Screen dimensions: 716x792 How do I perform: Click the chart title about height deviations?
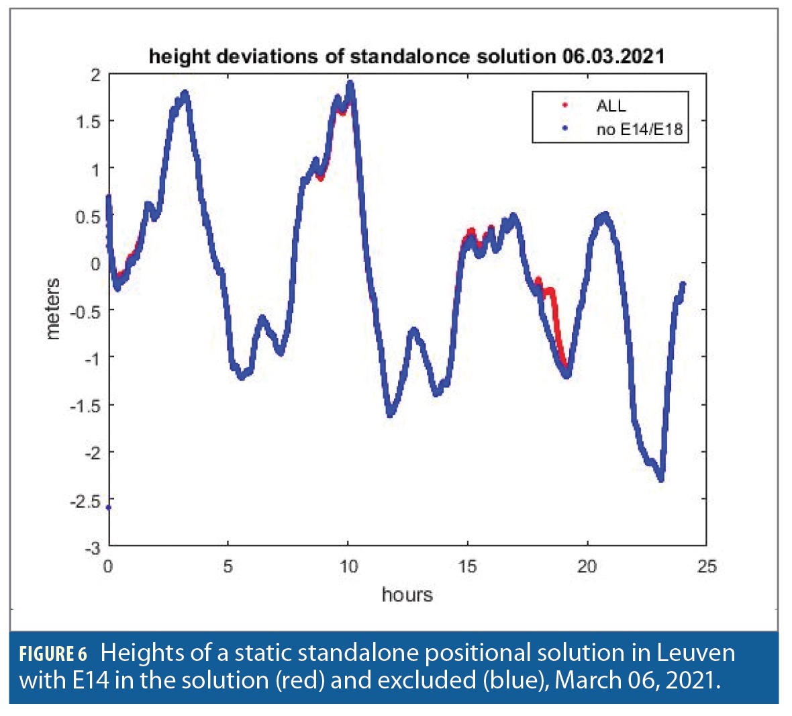point(407,56)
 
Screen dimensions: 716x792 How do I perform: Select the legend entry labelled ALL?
point(611,105)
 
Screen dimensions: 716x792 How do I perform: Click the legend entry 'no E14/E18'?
point(639,129)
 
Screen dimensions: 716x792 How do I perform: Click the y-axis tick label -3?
point(91,548)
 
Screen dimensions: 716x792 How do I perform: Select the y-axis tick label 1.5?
point(88,122)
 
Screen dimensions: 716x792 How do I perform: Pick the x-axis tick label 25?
point(707,567)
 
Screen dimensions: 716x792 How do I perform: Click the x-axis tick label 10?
point(348,567)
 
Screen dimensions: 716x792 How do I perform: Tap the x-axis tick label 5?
point(228,567)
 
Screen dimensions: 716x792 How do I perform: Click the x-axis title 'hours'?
point(407,594)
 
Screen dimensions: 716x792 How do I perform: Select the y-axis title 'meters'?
point(52,309)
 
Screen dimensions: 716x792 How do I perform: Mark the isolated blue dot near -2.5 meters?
point(109,508)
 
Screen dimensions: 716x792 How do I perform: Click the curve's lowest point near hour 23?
point(661,478)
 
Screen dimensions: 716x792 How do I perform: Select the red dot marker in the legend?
point(564,105)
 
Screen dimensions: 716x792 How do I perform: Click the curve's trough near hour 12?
point(390,413)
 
